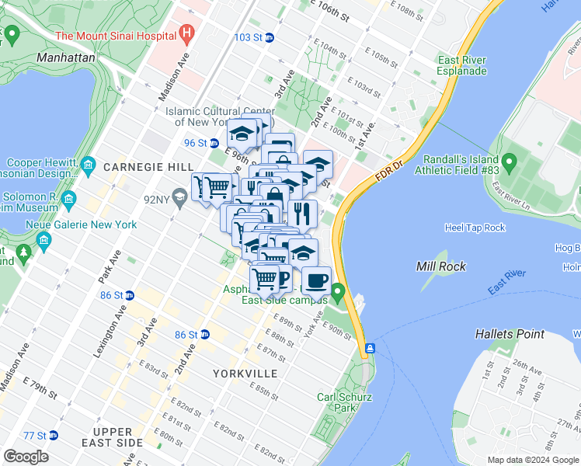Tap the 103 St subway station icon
pos(269,37)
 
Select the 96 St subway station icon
pos(213,143)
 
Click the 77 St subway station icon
pos(52,436)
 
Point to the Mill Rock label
pos(441,266)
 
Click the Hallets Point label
pos(510,334)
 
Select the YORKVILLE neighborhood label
pos(245,374)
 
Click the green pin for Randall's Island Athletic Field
pos(509,163)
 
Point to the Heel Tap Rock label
pos(475,228)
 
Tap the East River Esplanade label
pos(461,65)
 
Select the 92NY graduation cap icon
pos(179,198)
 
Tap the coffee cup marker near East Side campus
pos(315,280)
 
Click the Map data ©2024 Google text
pos(532,460)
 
